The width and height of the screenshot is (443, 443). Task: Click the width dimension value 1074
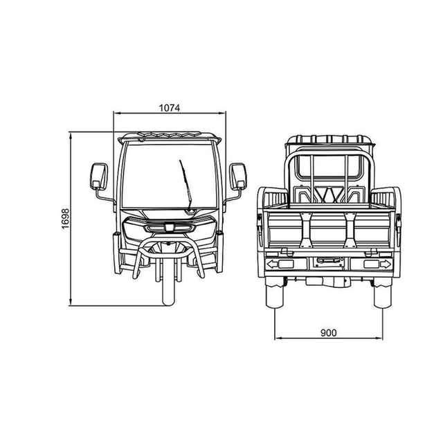(x=169, y=108)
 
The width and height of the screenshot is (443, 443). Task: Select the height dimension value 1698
(x=65, y=219)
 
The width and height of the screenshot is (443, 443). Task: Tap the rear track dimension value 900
(x=329, y=333)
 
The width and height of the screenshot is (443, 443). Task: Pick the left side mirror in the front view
(x=99, y=176)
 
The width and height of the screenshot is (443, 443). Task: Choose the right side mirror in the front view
(x=237, y=176)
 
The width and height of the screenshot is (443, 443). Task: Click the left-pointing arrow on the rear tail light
(x=272, y=264)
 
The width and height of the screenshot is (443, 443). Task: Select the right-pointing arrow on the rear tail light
(x=386, y=264)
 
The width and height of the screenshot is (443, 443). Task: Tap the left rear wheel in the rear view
(x=274, y=292)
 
